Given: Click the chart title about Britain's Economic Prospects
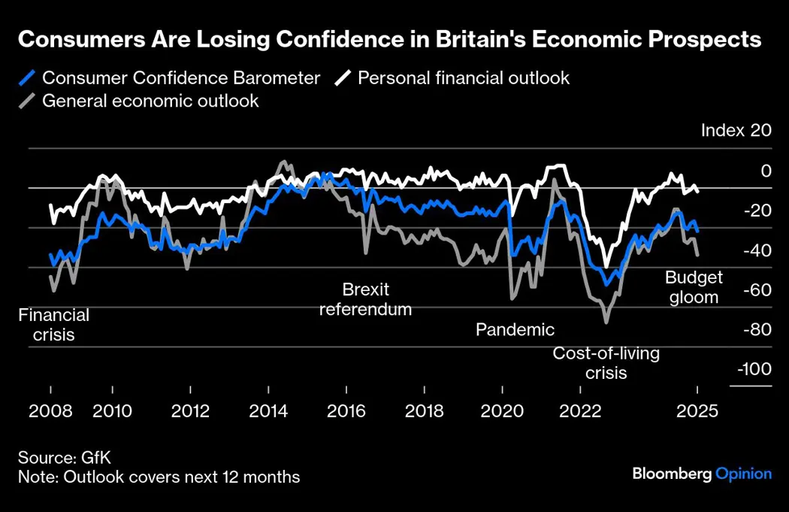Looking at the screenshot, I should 389,40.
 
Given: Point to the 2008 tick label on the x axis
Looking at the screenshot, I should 51,411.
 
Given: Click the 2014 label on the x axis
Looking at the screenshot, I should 268,411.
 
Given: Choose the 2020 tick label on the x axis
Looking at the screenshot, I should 502,411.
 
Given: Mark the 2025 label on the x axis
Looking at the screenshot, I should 697,411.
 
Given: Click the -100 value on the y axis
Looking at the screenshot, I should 754,369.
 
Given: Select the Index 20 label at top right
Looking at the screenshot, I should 736,130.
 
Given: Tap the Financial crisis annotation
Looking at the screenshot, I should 54,325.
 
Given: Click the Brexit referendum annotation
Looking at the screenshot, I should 366,299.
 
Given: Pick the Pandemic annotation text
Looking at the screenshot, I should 515,329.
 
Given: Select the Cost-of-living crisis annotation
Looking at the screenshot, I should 606,363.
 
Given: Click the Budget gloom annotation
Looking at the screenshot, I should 694,287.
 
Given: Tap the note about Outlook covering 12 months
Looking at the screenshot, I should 159,477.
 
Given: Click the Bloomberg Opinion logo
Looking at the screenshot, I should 702,474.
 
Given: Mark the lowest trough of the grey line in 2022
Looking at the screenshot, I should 606,323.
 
